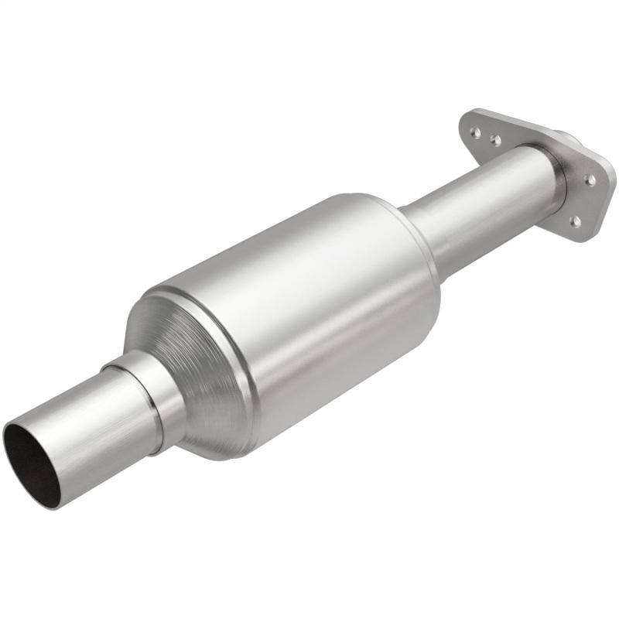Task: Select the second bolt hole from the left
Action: (x=495, y=141)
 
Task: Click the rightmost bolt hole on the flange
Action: (x=591, y=180)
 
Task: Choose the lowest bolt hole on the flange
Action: (x=576, y=222)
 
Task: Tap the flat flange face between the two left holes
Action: (x=485, y=136)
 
